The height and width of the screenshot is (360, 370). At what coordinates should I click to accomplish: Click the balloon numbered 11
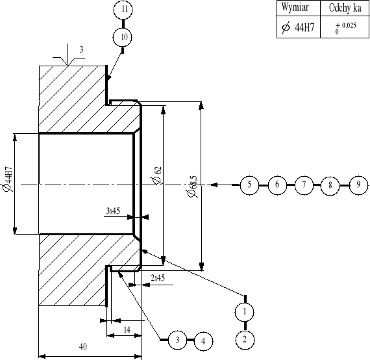(x=124, y=10)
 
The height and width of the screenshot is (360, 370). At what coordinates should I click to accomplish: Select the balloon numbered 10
(x=124, y=37)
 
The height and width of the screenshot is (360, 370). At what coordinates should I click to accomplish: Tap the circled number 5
(x=249, y=185)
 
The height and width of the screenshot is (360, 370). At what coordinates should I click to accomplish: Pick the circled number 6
(x=277, y=185)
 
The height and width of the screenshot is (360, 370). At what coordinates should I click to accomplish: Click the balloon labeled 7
(x=303, y=185)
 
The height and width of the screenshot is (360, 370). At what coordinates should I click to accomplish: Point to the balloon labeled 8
(x=330, y=185)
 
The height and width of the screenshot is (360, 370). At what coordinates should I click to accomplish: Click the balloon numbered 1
(x=245, y=312)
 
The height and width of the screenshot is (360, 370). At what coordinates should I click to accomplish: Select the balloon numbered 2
(x=245, y=339)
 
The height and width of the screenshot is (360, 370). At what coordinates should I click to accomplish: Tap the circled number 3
(x=177, y=339)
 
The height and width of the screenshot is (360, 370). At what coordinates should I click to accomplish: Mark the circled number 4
(x=203, y=340)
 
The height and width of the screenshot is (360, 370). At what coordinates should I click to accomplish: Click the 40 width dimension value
(x=82, y=347)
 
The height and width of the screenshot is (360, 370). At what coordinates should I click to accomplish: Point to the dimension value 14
(x=127, y=330)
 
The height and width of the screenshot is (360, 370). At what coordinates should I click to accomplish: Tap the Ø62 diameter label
(x=156, y=175)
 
